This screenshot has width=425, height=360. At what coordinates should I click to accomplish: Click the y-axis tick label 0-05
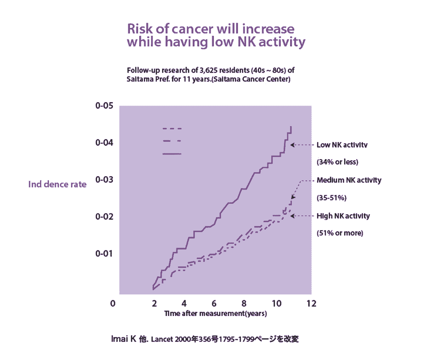click(104, 106)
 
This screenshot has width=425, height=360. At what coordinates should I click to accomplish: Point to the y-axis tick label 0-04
click(104, 142)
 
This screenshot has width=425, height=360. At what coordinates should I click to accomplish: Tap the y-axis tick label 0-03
click(104, 179)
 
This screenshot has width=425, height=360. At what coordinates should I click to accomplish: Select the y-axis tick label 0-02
click(104, 216)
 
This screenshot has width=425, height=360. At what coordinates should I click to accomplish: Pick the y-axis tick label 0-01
click(104, 253)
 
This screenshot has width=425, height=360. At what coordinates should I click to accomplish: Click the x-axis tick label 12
click(311, 304)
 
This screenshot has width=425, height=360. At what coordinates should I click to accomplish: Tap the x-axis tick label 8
click(244, 304)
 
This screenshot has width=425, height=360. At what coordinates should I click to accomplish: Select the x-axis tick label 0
click(113, 304)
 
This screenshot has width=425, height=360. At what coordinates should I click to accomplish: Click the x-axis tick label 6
click(214, 304)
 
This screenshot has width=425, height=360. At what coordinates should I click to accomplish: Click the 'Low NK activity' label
click(342, 145)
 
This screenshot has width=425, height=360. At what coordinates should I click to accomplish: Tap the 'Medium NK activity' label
click(349, 180)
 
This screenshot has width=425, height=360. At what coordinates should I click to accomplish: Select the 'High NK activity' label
click(343, 216)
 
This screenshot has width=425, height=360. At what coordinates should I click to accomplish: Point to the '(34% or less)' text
click(337, 162)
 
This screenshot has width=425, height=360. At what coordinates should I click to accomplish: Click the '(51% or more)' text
click(340, 233)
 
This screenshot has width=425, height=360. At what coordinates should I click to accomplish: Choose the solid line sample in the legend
click(172, 154)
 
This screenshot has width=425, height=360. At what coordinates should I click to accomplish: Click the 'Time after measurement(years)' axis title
click(215, 314)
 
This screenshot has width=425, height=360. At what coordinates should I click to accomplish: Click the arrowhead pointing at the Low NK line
click(292, 145)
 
